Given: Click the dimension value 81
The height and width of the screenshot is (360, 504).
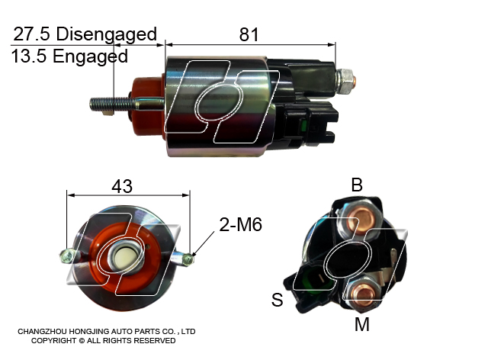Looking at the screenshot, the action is coord(249,34).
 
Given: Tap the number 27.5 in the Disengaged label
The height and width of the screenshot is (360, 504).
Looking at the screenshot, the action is coord(31,34).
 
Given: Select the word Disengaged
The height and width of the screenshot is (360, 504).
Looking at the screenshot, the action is coord(107,35).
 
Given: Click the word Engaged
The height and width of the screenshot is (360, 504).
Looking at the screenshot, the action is coord(90,56).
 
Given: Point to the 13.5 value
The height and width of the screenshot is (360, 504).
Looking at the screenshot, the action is coord(29,56).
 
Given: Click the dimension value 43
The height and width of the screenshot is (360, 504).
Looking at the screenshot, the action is coord(122,186).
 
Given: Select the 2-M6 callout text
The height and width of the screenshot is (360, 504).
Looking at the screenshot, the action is coord(240,224).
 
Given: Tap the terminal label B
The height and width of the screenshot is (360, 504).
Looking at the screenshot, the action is coord(357,185).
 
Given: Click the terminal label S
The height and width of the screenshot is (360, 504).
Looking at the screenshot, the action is coord(277,300).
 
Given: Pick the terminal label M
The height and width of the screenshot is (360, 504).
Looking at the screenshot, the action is coord(362,324).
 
